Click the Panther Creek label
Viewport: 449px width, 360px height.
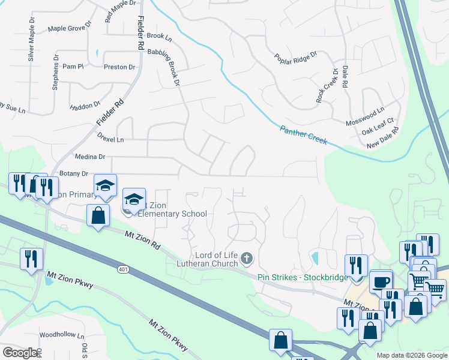click(304, 134)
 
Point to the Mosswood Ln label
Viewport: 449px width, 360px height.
click(364, 117)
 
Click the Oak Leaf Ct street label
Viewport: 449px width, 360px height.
click(378, 128)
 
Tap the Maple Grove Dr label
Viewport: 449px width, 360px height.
click(69, 28)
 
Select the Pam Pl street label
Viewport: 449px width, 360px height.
click(73, 67)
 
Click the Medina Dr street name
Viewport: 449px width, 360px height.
click(92, 157)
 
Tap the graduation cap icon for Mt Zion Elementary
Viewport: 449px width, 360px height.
click(134, 199)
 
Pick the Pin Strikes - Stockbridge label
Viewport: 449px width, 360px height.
click(298, 277)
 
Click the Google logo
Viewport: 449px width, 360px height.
click(20, 353)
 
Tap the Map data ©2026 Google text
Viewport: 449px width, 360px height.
click(411, 355)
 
